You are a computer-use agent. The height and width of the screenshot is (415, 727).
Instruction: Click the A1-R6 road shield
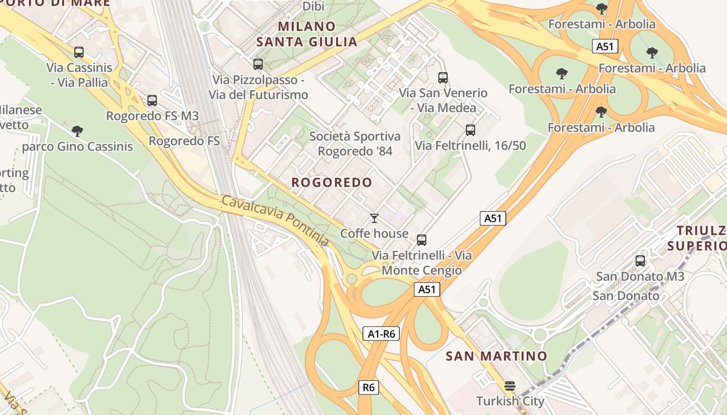382,334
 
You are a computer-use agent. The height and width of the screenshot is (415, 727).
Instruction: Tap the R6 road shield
368,387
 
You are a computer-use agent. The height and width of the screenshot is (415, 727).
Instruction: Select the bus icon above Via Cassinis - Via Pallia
79,52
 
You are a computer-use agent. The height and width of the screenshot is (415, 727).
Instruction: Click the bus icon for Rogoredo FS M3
152,101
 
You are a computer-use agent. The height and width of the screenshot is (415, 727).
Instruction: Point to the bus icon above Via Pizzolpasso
258,64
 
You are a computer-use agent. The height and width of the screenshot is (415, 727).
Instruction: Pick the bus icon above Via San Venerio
443,78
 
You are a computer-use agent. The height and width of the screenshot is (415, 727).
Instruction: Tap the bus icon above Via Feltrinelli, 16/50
470,130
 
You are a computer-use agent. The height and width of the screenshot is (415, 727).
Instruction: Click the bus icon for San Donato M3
640,261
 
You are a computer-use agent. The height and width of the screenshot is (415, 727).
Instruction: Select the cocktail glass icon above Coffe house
374,218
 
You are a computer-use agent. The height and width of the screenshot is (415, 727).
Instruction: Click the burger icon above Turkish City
510,386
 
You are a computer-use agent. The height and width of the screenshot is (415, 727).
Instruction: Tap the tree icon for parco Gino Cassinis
77,131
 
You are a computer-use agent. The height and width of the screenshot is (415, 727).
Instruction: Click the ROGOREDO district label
332,183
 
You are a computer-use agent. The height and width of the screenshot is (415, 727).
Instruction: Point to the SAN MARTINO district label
496,356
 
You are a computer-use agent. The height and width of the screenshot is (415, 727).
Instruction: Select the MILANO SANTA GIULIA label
307,34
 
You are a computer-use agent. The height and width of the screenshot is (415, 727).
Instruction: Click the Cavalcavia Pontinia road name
275,220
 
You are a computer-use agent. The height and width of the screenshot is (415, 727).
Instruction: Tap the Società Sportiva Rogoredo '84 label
355,144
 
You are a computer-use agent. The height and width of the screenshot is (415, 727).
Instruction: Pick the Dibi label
313,6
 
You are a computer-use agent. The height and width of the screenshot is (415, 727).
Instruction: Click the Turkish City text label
510,401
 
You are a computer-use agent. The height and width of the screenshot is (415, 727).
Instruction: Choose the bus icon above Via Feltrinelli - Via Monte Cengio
422,240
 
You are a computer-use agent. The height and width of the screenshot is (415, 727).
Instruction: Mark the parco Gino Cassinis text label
77,147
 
